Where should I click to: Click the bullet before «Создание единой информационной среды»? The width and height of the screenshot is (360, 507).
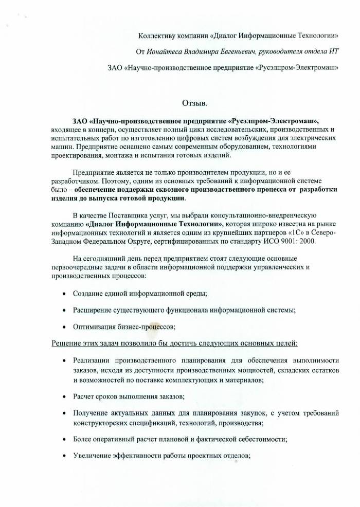pyautogui.click(x=63, y=294)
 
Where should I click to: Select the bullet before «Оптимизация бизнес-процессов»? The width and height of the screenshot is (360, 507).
pyautogui.click(x=63, y=327)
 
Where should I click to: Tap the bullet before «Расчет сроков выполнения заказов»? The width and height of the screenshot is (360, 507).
pyautogui.click(x=63, y=397)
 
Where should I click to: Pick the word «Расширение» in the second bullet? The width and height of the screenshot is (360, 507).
pyautogui.click(x=92, y=310)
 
